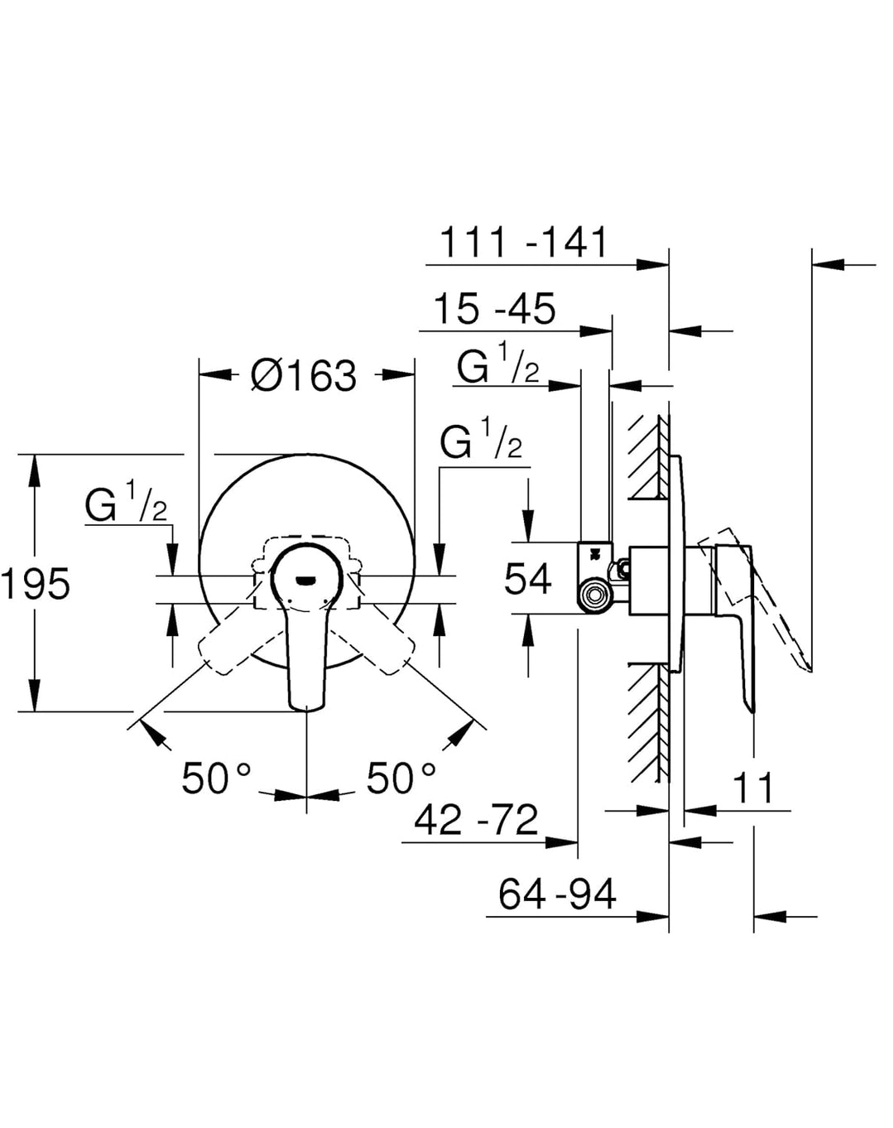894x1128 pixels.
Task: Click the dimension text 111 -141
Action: pyautogui.click(x=523, y=243)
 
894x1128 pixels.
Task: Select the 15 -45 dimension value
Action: pyautogui.click(x=495, y=309)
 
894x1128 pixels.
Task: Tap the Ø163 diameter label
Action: pyautogui.click(x=304, y=375)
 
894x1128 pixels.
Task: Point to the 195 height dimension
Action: pyautogui.click(x=36, y=583)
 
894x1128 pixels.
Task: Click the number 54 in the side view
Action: pyautogui.click(x=528, y=579)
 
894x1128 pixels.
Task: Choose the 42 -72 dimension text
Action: pyautogui.click(x=476, y=820)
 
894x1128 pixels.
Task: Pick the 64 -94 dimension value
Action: pyautogui.click(x=557, y=894)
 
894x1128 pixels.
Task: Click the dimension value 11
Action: pyautogui.click(x=753, y=788)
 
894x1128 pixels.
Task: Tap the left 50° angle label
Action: pyautogui.click(x=216, y=779)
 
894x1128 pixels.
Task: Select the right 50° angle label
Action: pyautogui.click(x=401, y=779)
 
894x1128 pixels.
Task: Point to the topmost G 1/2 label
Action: pyautogui.click(x=497, y=363)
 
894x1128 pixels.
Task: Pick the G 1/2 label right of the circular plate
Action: pyautogui.click(x=481, y=438)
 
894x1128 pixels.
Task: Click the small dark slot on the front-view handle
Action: pyautogui.click(x=306, y=580)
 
